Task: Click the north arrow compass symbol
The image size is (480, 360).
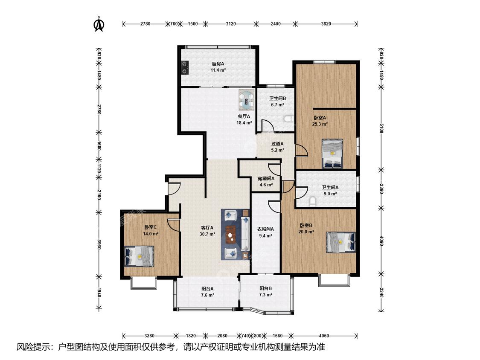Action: [99, 24]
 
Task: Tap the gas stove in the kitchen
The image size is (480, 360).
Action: [185, 68]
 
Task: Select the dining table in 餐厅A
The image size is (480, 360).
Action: [247, 100]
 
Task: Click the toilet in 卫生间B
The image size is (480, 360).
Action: [288, 119]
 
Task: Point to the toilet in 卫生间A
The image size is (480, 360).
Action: [313, 201]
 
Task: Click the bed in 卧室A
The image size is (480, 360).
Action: [332, 154]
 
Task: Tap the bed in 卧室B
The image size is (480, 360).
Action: [341, 242]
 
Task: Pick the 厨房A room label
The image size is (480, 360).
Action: [218, 64]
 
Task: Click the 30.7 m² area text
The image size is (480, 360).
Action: [207, 234]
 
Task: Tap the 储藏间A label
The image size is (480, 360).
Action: [266, 178]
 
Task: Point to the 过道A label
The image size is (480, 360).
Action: [278, 144]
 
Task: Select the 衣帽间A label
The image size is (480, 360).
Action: [265, 229]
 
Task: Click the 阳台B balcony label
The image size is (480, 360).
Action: [266, 288]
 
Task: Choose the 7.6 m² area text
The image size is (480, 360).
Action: [207, 295]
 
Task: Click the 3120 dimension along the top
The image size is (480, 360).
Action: [231, 23]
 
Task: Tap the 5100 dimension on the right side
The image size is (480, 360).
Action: [381, 128]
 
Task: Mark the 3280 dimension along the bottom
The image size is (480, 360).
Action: [149, 336]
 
